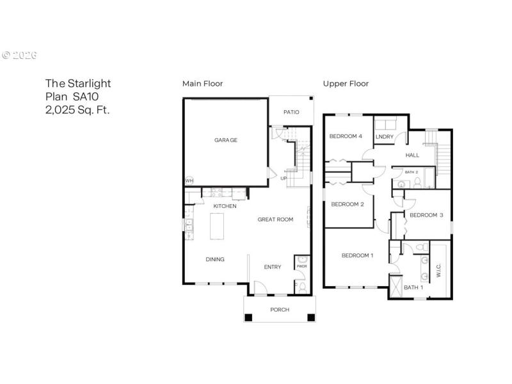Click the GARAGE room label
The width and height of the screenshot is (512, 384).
pos(225,140)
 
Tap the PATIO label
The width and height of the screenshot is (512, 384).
pos(291,112)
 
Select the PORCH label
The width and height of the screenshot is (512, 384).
pos(280,310)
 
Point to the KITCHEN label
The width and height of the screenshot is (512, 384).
pos(225,206)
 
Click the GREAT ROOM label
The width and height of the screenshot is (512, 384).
pos(275,220)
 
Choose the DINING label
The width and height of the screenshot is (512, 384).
pos(214,260)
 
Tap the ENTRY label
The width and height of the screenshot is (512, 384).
pos(273,267)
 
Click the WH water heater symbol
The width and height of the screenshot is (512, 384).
pos(189,181)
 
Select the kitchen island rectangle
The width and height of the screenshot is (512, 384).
pos(218,227)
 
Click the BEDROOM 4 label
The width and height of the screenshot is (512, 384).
pos(346,136)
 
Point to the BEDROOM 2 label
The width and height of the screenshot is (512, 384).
pos(348,204)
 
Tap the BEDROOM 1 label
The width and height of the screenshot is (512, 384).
pos(357,255)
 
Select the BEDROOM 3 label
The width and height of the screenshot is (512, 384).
pos(426,215)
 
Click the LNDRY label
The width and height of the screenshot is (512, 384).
pos(384,136)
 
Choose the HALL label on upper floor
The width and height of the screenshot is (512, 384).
pos(412,155)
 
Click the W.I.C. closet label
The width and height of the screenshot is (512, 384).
pos(438,270)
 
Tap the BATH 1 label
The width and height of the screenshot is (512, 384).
pos(413,287)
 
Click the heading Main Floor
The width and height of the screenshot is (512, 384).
pos(202,84)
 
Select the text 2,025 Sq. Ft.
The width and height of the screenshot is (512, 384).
pos(77,109)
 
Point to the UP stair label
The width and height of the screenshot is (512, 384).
pos(284,178)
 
